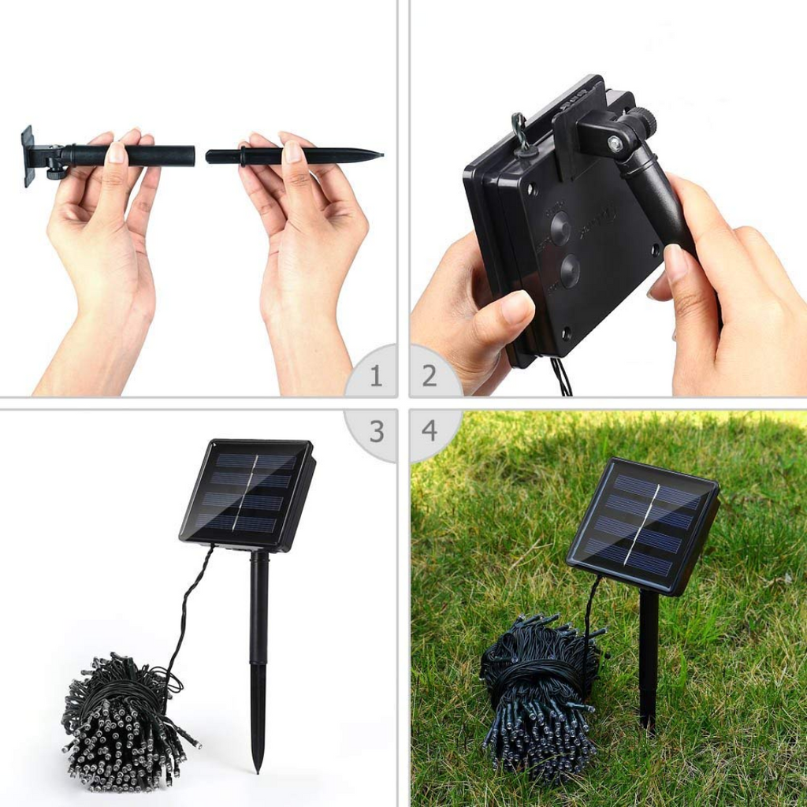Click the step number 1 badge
click(x=376, y=376)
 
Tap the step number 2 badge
click(x=430, y=376)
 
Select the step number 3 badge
click(x=377, y=431)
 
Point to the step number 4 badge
click(x=430, y=430)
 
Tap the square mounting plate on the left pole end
click(x=28, y=155)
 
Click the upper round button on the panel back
click(x=560, y=228)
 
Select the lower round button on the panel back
click(x=568, y=272)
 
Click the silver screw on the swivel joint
click(x=613, y=143)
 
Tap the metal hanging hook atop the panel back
click(x=519, y=128)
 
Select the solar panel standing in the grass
click(x=642, y=524)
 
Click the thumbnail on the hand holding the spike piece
click(x=292, y=151)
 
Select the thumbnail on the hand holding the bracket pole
click(x=117, y=151)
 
